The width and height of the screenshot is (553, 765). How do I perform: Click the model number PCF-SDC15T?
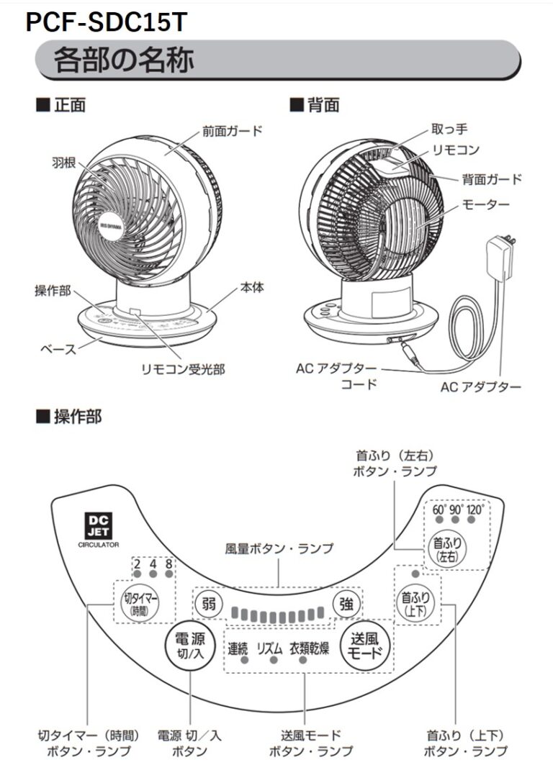pyautogui.click(x=106, y=24)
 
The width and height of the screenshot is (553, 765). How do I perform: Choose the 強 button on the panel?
pyautogui.click(x=346, y=603)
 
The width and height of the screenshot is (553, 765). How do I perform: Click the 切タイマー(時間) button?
pyautogui.click(x=140, y=602)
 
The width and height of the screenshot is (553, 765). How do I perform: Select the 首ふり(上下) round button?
pyautogui.click(x=415, y=602)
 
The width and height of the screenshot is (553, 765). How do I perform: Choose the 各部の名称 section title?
pyautogui.click(x=123, y=61)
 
